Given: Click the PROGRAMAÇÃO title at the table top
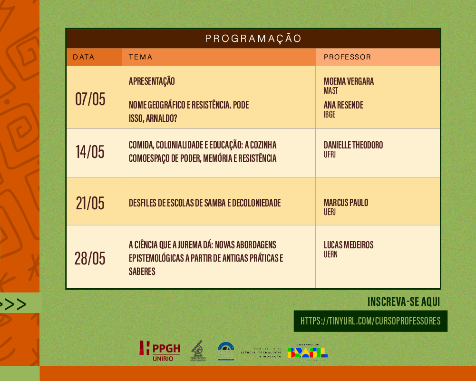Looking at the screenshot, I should pyautogui.click(x=253, y=39).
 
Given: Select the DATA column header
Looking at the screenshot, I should pyautogui.click(x=84, y=57).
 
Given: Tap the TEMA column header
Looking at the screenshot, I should pyautogui.click(x=141, y=57).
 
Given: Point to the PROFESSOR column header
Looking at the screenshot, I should pyautogui.click(x=347, y=57).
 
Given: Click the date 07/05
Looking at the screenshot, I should pyautogui.click(x=90, y=99).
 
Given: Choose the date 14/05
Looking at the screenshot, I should pyautogui.click(x=90, y=152).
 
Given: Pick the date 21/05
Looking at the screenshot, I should pyautogui.click(x=90, y=203).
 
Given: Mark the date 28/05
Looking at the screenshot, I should pyautogui.click(x=90, y=259).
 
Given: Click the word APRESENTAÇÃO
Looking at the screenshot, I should pyautogui.click(x=152, y=81).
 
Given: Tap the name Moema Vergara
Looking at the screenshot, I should pyautogui.click(x=349, y=81).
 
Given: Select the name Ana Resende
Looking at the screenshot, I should pyautogui.click(x=343, y=105).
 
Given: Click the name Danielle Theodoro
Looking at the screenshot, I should pyautogui.click(x=353, y=145).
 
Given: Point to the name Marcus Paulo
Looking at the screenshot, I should pyautogui.click(x=346, y=203).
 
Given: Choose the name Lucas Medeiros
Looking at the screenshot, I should pyautogui.click(x=349, y=245).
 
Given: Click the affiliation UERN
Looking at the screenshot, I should pyautogui.click(x=330, y=254).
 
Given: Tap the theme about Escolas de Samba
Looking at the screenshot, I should pyautogui.click(x=204, y=203).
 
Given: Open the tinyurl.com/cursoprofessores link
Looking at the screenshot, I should pyautogui.click(x=370, y=321).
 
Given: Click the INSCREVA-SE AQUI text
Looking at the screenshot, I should pyautogui.click(x=404, y=302).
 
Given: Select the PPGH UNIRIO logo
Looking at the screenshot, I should pyautogui.click(x=160, y=351).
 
